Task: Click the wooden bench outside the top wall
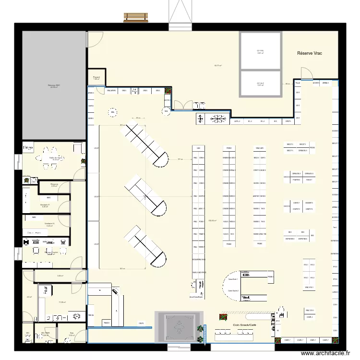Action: [x=136, y=17]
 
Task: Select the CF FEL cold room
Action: [x=260, y=51]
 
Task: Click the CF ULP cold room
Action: [x=260, y=84]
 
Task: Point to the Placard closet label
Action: [x=96, y=78]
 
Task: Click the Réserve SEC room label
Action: [x=54, y=86]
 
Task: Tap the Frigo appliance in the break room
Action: [x=28, y=148]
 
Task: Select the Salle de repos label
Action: [x=56, y=158]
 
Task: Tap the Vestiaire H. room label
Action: [x=49, y=224]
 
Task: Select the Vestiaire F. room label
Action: [x=45, y=205]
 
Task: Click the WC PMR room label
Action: [x=46, y=333]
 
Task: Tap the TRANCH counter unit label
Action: [x=107, y=323]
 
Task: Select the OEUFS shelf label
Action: [x=142, y=323]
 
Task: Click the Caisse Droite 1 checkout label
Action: [x=233, y=279]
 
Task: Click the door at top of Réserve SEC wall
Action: [x=91, y=40]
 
